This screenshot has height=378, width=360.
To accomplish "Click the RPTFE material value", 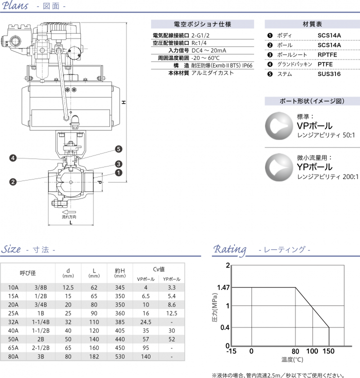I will coord(328,54).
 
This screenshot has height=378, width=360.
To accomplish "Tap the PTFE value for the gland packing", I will coord(325,64).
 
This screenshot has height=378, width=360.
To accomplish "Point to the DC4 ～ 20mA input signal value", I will coord(208,50).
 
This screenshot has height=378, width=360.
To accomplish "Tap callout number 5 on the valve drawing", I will coord(118,149).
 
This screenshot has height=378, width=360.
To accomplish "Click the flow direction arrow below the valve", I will coord(69,211).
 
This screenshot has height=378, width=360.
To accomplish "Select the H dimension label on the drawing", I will coord(123,102).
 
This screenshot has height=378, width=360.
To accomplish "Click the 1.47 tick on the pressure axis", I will coord(223,287).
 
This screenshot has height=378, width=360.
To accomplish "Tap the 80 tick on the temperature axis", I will coord(295,351).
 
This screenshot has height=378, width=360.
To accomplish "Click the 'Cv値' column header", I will coord(158,268).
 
